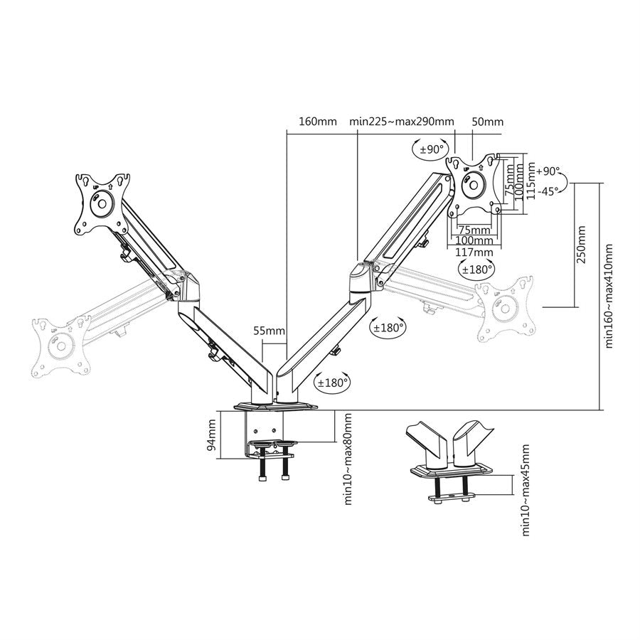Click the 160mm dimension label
(318, 122)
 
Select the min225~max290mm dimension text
(402, 122)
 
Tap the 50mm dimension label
(487, 122)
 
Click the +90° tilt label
(548, 171)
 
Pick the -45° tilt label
(548, 191)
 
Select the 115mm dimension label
(530, 181)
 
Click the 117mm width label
(474, 252)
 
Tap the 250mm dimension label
(581, 245)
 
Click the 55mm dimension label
(269, 330)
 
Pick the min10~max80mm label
(348, 459)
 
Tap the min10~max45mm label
(526, 490)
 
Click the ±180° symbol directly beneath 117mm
(476, 269)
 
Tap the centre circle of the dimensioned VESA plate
(473, 185)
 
